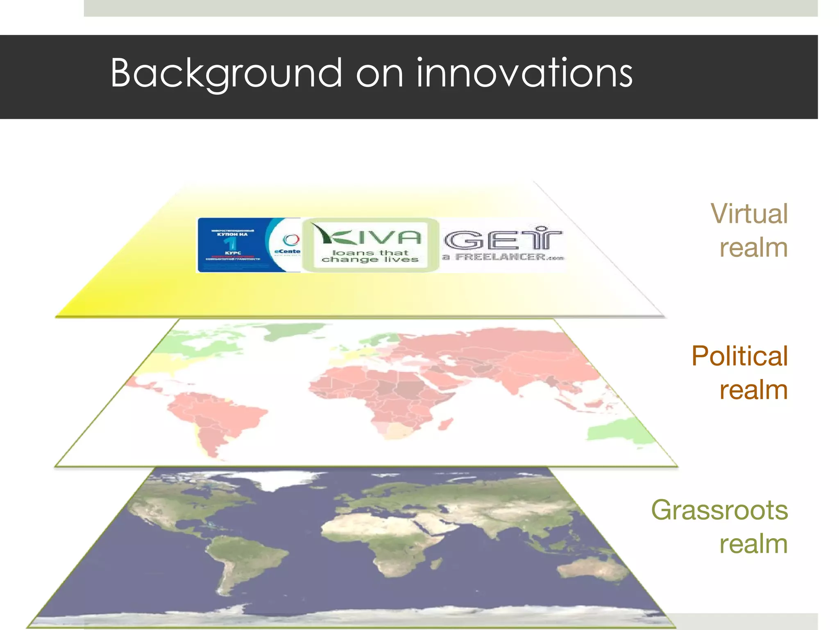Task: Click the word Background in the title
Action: tap(226, 74)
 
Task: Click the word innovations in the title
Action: tap(524, 74)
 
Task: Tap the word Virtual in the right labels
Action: tap(749, 214)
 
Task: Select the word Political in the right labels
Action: tap(739, 356)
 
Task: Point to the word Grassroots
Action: tap(719, 510)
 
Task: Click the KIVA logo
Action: tap(367, 237)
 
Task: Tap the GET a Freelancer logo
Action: tap(503, 244)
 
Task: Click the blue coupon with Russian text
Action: tap(232, 245)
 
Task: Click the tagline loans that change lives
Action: tap(370, 256)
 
